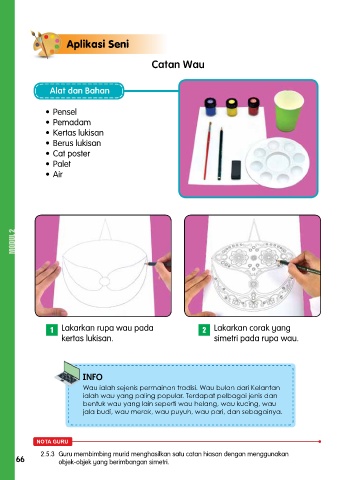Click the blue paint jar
point(210,107)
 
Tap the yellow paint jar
point(232,107)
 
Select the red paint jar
point(253,106)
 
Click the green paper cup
point(289,111)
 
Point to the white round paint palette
point(277,163)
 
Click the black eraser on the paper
point(236,170)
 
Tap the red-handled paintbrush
point(207,151)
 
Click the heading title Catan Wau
point(178,64)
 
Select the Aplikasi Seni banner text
point(98,44)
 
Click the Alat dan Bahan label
point(79,91)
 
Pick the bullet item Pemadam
point(72,122)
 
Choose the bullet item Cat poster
point(71,154)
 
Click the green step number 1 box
point(52,330)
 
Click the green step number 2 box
point(204,330)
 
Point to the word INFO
point(92,377)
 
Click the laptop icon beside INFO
point(68,373)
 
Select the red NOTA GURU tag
point(52,442)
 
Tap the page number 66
point(20,459)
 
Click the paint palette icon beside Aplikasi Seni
point(46,44)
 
